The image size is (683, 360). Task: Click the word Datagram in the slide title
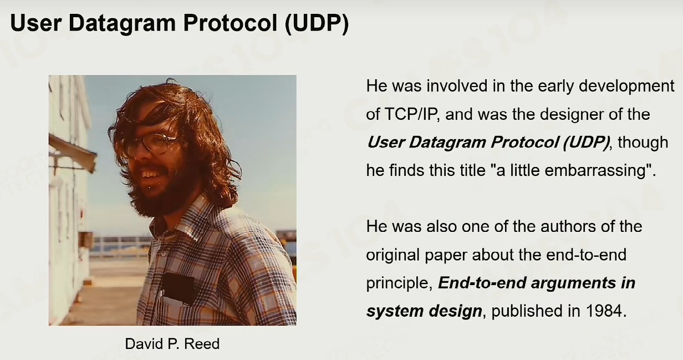coord(123,23)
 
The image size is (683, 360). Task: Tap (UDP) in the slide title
coord(317,23)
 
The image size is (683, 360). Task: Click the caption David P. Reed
coord(172,344)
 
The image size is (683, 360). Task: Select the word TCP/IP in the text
coord(411,114)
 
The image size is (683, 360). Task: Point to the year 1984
coord(604,311)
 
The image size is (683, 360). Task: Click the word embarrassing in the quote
coord(595,170)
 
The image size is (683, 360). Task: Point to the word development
coord(626,87)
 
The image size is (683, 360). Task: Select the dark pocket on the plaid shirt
coord(179,288)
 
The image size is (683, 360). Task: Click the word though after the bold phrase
coord(643,143)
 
